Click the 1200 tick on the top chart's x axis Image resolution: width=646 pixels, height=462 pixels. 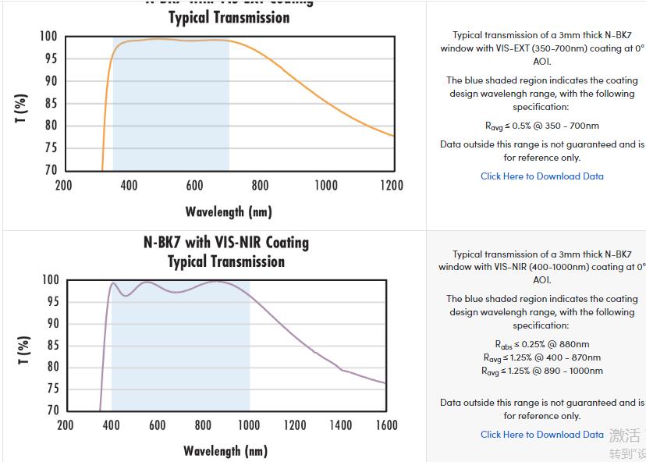point(392,185)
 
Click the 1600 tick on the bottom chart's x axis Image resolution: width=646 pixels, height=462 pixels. point(386,425)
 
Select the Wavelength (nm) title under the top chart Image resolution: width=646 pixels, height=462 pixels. point(228,211)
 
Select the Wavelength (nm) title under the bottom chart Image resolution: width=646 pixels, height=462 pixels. point(225,451)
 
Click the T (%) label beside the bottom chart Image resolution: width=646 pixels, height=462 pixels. point(23,350)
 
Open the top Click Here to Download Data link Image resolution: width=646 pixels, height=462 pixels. point(541,176)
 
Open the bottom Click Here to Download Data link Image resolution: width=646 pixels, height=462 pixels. point(541,435)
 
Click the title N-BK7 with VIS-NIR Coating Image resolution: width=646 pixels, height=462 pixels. point(226,243)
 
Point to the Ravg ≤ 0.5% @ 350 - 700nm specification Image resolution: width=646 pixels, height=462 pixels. point(541,126)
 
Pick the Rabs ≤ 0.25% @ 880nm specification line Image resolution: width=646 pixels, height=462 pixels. point(541,344)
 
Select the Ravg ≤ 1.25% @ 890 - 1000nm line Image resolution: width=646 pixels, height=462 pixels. point(541,371)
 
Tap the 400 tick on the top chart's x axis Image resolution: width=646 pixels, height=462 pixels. point(129,185)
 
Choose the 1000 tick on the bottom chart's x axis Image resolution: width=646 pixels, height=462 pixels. point(249,425)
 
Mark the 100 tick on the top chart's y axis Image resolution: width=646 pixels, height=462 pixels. point(48,37)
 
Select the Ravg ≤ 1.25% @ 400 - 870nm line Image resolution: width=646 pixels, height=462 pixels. point(541,357)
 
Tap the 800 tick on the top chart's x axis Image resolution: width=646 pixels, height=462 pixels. point(260,185)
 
